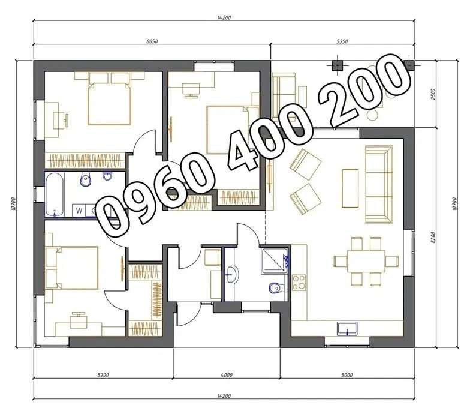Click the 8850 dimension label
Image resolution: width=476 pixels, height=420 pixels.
tap(152, 41)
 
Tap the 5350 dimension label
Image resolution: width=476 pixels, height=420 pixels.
tap(342, 41)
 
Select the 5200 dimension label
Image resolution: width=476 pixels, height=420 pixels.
tap(103, 375)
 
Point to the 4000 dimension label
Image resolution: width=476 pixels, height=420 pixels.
tap(227, 375)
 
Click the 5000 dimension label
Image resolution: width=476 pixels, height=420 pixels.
tap(347, 375)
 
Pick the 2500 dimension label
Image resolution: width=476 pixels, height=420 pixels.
tap(433, 94)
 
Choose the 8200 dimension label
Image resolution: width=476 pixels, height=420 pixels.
tap(433, 238)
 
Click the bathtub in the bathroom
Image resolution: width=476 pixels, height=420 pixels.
tap(55, 194)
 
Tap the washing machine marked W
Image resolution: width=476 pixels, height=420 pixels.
tap(79, 211)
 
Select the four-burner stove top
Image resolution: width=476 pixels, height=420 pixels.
tap(299, 282)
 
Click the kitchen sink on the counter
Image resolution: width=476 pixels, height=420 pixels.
tap(347, 329)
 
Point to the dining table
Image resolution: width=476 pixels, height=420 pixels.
tap(366, 261)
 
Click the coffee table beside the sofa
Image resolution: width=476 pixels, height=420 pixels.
tap(350, 188)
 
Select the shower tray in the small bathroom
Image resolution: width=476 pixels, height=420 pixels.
tap(275, 261)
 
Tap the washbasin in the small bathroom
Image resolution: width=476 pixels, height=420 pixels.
tap(232, 274)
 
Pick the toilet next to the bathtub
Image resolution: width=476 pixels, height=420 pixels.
tap(86, 179)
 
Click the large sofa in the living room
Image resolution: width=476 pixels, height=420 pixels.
tap(379, 184)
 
